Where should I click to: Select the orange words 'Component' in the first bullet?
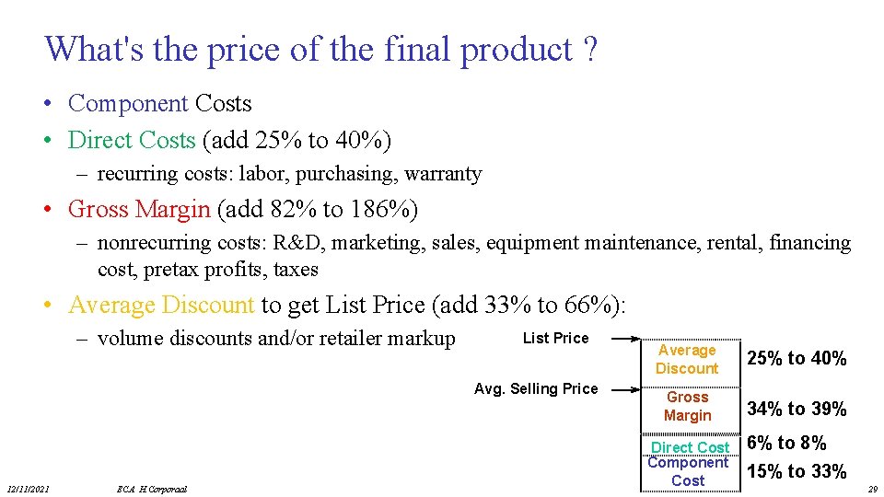[x=128, y=103]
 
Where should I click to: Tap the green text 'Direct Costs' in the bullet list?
[x=132, y=140]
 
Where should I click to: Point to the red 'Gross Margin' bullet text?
[x=139, y=209]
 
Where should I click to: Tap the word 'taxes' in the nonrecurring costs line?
[x=297, y=270]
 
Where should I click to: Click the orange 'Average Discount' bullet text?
[x=161, y=305]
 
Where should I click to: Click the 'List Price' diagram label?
[x=555, y=338]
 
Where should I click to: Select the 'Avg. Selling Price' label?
[x=536, y=388]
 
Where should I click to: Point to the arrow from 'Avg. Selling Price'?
[x=622, y=389]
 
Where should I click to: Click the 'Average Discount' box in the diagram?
[x=687, y=359]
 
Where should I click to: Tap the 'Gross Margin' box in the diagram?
[x=688, y=406]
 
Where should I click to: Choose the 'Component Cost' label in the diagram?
[x=688, y=471]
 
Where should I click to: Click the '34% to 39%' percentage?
[x=797, y=409]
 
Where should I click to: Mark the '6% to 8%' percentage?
[x=786, y=443]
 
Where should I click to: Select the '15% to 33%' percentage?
[x=797, y=471]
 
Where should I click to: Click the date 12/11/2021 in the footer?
[x=30, y=489]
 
